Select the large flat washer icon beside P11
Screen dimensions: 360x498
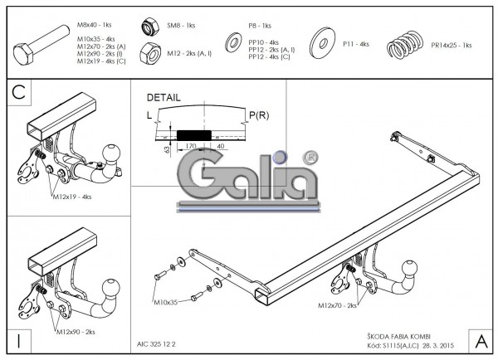coord(323,42)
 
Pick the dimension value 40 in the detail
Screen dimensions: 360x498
coord(220,146)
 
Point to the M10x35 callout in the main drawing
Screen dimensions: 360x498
coord(166,304)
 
